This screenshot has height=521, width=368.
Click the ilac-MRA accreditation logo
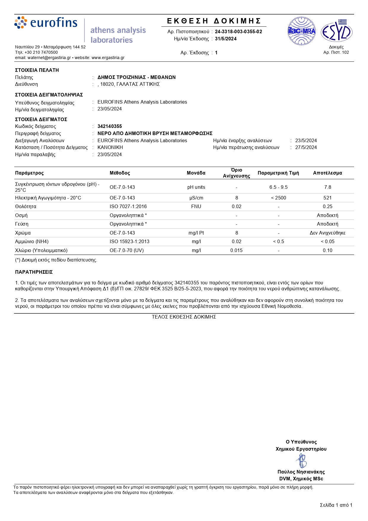[302, 31]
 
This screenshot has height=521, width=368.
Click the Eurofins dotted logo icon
[21, 23]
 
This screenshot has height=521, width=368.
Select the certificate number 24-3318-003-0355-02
[238, 32]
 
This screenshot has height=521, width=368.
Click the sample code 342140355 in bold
[110, 126]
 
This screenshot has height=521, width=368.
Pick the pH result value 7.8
[327, 187]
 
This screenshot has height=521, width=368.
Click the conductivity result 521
[327, 198]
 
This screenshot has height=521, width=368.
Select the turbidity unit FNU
[196, 207]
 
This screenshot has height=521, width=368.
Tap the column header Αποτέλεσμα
[327, 173]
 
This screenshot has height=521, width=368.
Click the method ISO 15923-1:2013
[130, 242]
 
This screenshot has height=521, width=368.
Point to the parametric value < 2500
[278, 198]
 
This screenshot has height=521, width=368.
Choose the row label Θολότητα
[26, 207]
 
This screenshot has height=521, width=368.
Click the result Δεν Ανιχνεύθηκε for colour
[327, 233]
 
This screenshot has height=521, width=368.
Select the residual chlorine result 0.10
[327, 251]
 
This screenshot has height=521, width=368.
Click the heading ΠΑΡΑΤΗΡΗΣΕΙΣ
[34, 272]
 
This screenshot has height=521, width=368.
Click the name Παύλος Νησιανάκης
[301, 472]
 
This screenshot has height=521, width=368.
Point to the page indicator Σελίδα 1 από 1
[336, 505]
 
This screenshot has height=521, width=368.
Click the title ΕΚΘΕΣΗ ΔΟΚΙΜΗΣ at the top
[214, 21]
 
